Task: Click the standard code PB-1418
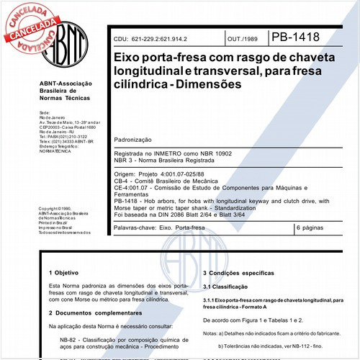tap(294, 37)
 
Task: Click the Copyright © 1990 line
tap(56, 208)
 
